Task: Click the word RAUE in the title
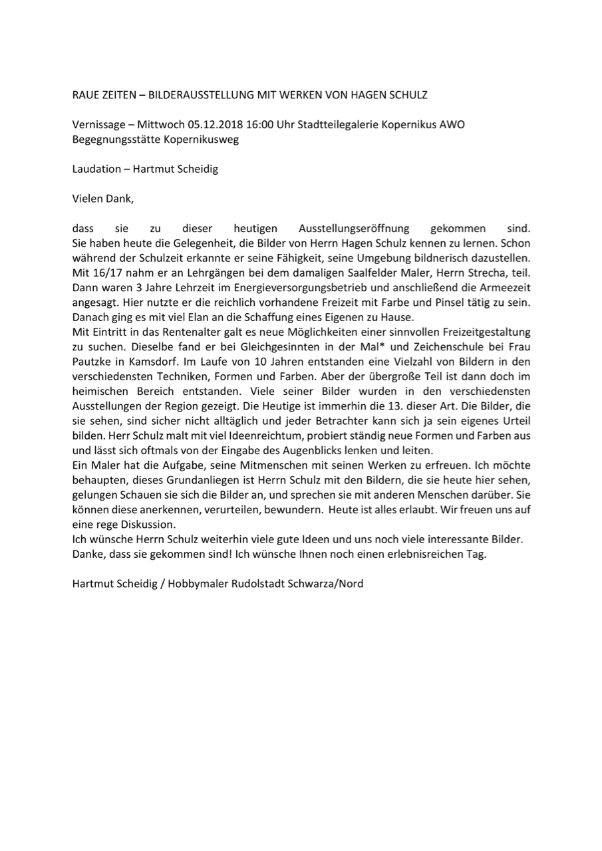click(x=84, y=95)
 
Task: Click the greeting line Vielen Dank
click(x=103, y=198)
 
